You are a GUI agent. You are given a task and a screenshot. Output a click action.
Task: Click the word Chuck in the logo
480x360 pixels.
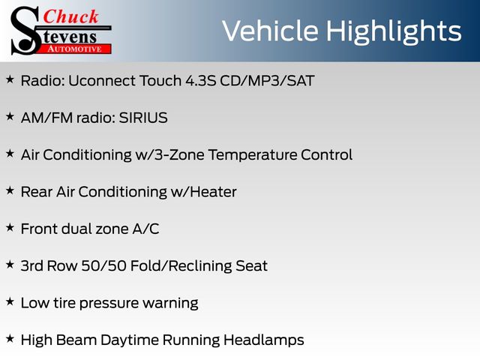pyautogui.click(x=70, y=16)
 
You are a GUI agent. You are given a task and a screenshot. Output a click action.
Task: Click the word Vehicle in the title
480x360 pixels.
pyautogui.click(x=270, y=31)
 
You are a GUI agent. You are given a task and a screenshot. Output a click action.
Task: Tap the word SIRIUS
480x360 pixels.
pyautogui.click(x=143, y=118)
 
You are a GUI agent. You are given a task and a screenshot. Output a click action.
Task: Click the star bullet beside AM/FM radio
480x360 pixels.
pyautogui.click(x=10, y=116)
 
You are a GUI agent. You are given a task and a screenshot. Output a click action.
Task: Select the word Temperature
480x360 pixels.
pyautogui.click(x=252, y=155)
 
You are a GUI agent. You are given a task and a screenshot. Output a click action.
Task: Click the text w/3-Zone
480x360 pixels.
pyautogui.click(x=170, y=155)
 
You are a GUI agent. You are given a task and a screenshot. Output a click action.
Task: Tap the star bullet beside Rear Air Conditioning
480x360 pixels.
pyautogui.click(x=10, y=190)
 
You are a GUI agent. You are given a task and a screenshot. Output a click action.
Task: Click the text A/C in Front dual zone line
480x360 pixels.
pyautogui.click(x=145, y=229)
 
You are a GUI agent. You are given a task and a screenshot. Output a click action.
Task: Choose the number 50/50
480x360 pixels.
pyautogui.click(x=103, y=265)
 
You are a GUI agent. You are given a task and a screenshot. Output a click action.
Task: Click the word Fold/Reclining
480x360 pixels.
pyautogui.click(x=181, y=266)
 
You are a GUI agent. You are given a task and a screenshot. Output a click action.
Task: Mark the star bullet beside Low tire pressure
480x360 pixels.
pyautogui.click(x=10, y=301)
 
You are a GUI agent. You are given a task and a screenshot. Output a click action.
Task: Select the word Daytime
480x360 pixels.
pyautogui.click(x=129, y=340)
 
